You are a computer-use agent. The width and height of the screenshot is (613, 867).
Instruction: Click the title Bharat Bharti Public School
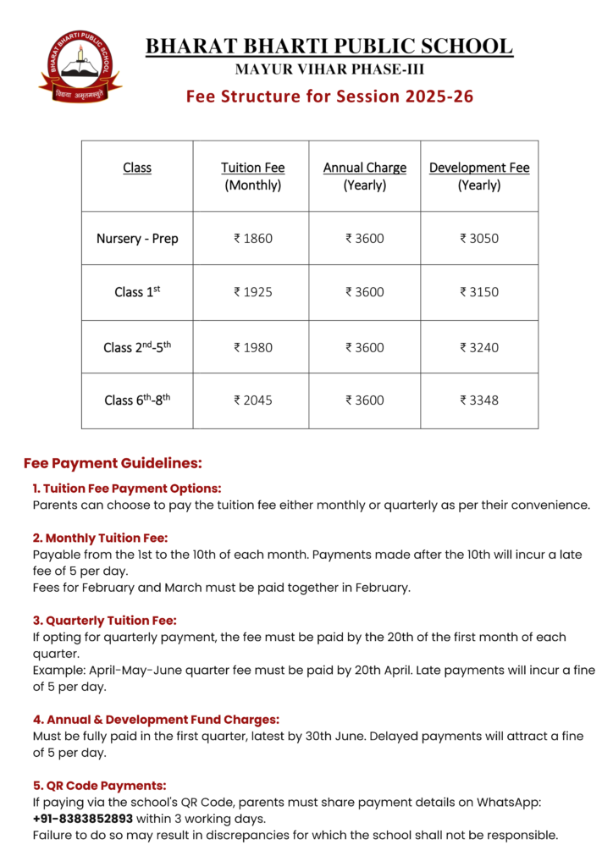329,47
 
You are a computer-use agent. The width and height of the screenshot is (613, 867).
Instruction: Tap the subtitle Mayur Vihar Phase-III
329,69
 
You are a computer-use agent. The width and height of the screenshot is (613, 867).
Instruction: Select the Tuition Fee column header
252,176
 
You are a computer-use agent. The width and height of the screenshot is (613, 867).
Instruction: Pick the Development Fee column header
479,176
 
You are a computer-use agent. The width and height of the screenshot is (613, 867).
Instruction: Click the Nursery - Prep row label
137,239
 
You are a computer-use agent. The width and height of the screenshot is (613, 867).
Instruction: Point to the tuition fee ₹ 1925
252,292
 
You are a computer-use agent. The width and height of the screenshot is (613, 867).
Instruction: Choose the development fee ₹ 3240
479,347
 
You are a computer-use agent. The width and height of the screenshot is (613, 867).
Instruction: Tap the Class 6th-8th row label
137,400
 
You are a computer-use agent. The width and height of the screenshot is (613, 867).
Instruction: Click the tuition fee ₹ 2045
252,400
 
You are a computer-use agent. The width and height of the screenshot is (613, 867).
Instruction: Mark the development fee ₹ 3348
479,400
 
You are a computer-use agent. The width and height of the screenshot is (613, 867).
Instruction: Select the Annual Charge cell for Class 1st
364,292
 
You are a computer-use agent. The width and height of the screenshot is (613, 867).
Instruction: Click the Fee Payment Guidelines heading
113,463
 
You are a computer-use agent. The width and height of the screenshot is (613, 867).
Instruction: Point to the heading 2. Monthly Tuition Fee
101,538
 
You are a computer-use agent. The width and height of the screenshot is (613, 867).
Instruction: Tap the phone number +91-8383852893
83,819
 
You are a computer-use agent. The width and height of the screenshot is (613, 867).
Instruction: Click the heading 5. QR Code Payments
99,785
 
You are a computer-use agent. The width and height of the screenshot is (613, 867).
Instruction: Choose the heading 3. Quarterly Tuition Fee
104,621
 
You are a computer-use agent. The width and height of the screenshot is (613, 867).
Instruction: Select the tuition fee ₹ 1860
252,239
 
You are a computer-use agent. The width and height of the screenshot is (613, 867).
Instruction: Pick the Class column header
137,168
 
